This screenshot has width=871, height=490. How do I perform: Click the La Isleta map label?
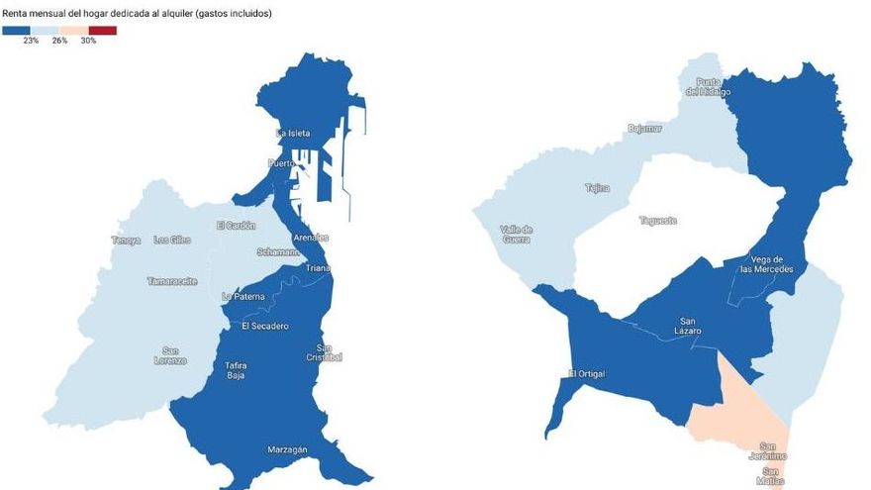293,133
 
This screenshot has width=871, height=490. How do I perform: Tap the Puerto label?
283,163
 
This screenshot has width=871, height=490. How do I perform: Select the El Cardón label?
236,226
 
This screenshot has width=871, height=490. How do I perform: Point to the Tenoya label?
126,241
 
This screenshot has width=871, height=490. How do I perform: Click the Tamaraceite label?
172,281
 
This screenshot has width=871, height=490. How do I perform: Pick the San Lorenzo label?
174,354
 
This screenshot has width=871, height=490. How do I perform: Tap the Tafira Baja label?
236,370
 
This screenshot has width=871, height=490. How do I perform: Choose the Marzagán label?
287,450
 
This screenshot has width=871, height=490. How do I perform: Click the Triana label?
318,268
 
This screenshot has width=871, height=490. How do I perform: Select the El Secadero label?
264,327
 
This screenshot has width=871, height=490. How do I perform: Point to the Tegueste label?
658,221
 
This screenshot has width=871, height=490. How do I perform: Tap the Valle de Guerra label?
516,234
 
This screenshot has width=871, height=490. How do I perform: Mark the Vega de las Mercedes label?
773,263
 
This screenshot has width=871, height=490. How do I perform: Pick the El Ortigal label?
586,374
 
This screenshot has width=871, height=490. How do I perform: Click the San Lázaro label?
690,326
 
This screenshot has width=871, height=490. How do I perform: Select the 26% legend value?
59,41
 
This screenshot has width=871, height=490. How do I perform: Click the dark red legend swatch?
102,31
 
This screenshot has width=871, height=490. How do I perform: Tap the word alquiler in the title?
175,14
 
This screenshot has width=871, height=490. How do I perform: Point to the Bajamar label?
644,129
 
